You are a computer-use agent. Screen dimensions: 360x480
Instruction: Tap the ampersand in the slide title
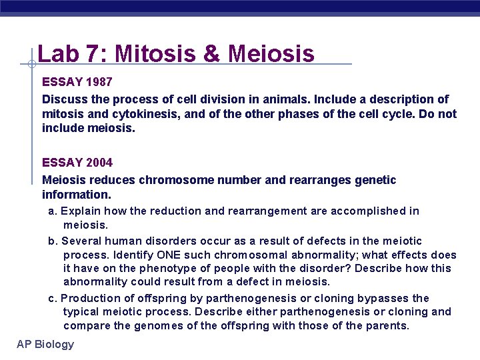pyautogui.click(x=211, y=53)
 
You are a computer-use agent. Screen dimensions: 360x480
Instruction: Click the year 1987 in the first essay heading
pyautogui.click(x=99, y=83)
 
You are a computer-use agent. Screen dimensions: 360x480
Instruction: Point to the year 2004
pyautogui.click(x=99, y=162)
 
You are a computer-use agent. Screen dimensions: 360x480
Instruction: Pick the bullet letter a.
pyautogui.click(x=52, y=211)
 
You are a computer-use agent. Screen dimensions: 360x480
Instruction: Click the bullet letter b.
pyautogui.click(x=52, y=241)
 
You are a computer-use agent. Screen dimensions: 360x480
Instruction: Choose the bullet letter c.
pyautogui.click(x=52, y=299)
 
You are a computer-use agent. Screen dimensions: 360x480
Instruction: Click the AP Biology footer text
pyautogui.click(x=46, y=344)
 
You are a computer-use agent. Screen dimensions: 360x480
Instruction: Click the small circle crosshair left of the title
pyautogui.click(x=32, y=65)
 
